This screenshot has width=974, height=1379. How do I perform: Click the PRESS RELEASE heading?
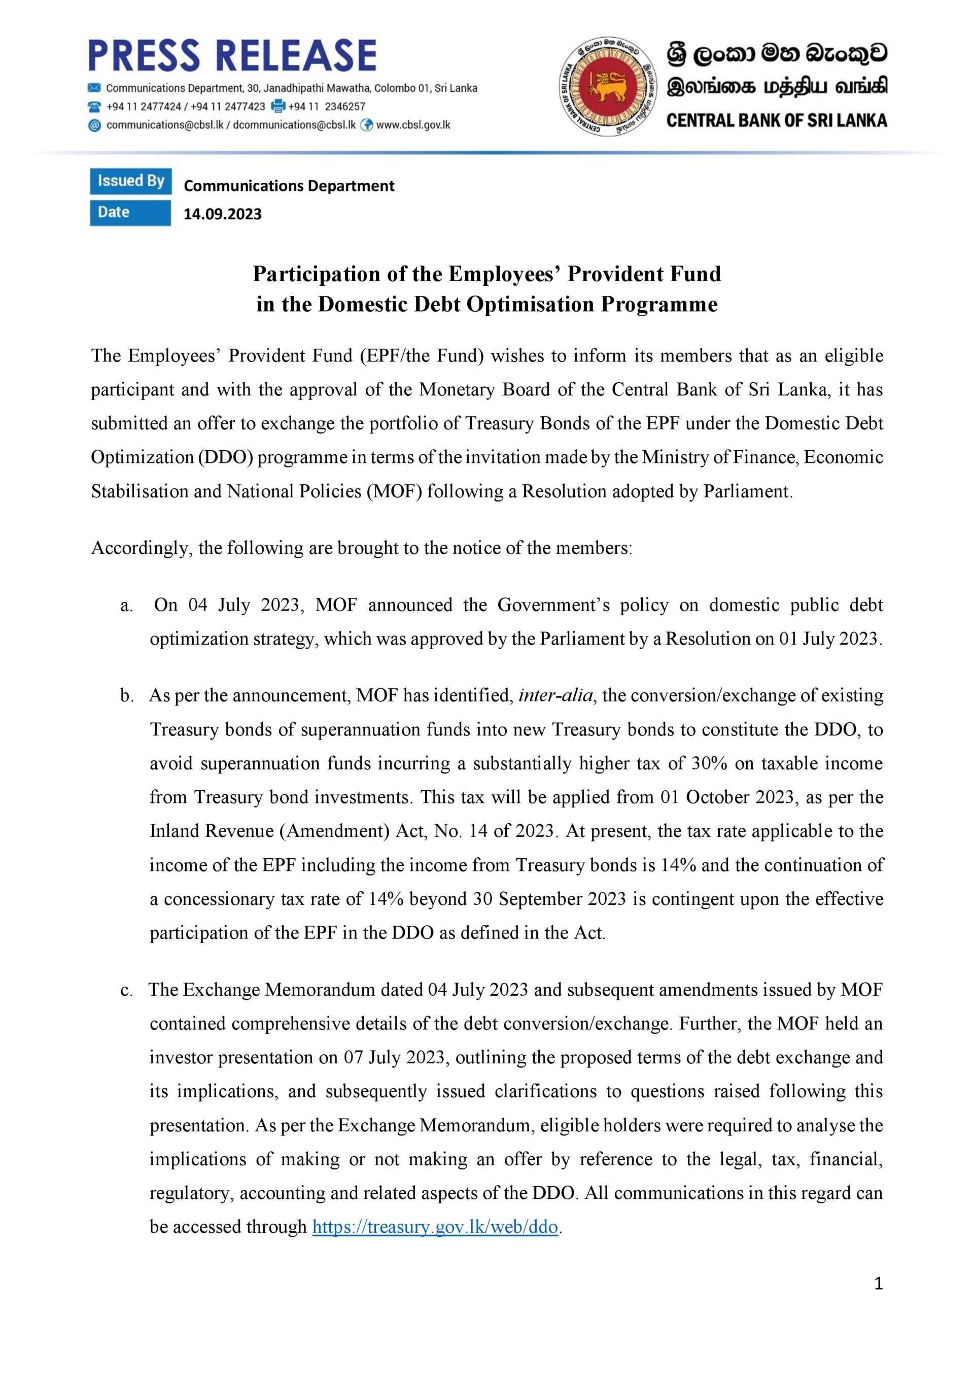coord(232,55)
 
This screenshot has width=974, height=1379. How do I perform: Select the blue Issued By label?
coord(130,181)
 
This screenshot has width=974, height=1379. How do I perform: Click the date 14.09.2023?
coord(222,214)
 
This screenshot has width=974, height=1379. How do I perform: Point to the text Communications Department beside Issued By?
coord(289,186)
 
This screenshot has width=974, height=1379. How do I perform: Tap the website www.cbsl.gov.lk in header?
coord(412,125)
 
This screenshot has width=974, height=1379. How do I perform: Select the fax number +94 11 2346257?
coord(326,106)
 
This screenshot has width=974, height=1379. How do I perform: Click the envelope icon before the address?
coord(94,88)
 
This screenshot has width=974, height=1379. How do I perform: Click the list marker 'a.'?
coord(126,606)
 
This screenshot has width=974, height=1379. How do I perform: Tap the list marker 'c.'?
coord(126,990)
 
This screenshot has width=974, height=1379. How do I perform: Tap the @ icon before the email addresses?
coord(94,125)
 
